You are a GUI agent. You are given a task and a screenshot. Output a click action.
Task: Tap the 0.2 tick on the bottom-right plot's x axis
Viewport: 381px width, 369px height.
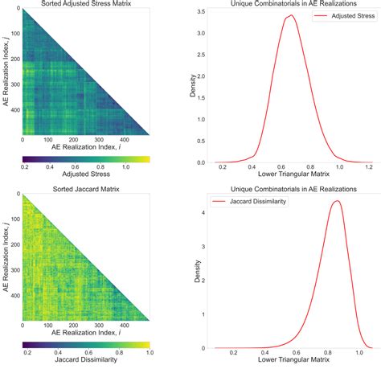click(x=233, y=352)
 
